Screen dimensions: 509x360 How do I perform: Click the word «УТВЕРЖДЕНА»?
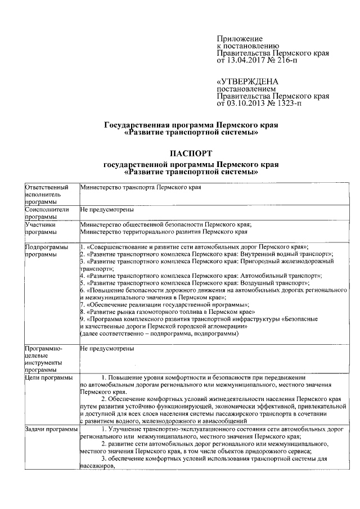(247, 82)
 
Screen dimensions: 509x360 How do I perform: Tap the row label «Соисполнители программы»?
(47, 213)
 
